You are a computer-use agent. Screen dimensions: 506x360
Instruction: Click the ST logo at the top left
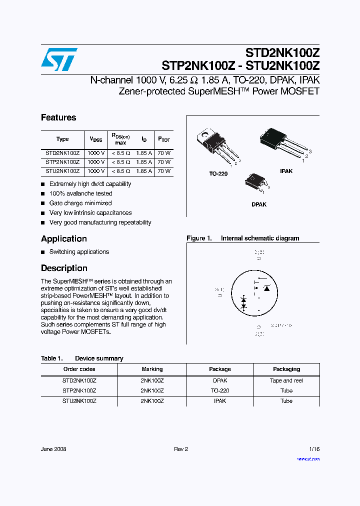[59, 59]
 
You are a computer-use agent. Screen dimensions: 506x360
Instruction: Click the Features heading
[58, 117]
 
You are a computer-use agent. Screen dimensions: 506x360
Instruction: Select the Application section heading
[64, 239]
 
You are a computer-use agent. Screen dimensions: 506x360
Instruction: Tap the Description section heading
[64, 268]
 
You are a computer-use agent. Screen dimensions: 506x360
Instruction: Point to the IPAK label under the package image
[286, 171]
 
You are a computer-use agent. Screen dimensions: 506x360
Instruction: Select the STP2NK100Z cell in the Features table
[62, 162]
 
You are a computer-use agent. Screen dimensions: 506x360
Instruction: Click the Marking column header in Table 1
[152, 369]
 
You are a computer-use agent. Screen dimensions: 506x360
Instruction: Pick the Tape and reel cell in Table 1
[286, 380]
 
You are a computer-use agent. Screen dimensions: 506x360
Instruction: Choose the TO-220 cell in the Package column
[220, 390]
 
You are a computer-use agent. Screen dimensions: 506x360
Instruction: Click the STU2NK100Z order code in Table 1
[79, 401]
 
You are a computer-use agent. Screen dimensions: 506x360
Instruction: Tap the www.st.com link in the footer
[308, 458]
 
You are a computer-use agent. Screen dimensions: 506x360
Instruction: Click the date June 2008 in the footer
[53, 449]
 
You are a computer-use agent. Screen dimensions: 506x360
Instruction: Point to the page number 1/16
[313, 449]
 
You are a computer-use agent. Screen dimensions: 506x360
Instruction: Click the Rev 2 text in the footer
[181, 449]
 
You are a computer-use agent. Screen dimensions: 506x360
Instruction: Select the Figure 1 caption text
[243, 238]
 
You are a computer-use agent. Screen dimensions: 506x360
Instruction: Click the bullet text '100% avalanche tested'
[80, 193]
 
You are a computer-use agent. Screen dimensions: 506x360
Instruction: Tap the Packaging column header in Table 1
[286, 369]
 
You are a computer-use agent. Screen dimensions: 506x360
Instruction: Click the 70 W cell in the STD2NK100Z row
[164, 153]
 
